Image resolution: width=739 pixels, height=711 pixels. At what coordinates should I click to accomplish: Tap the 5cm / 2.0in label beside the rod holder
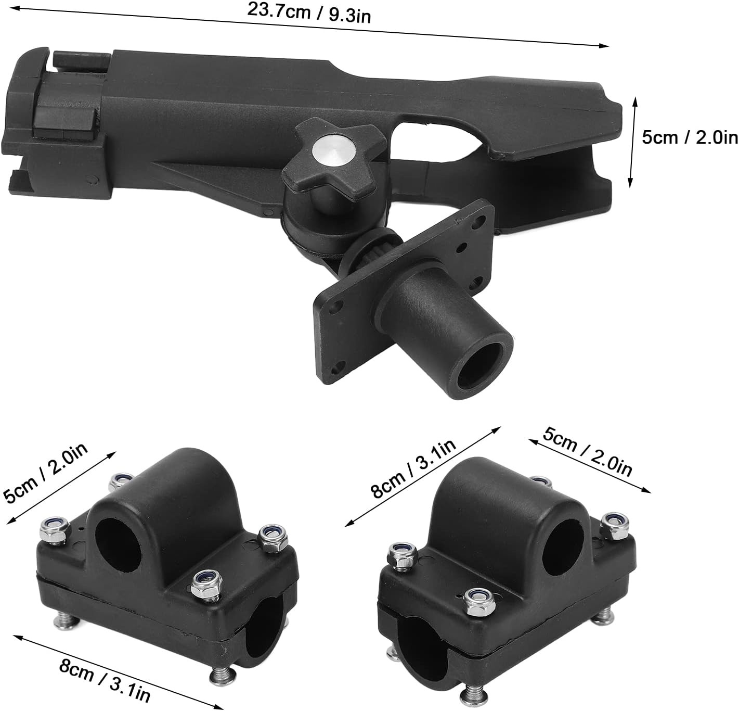pyautogui.click(x=690, y=137)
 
